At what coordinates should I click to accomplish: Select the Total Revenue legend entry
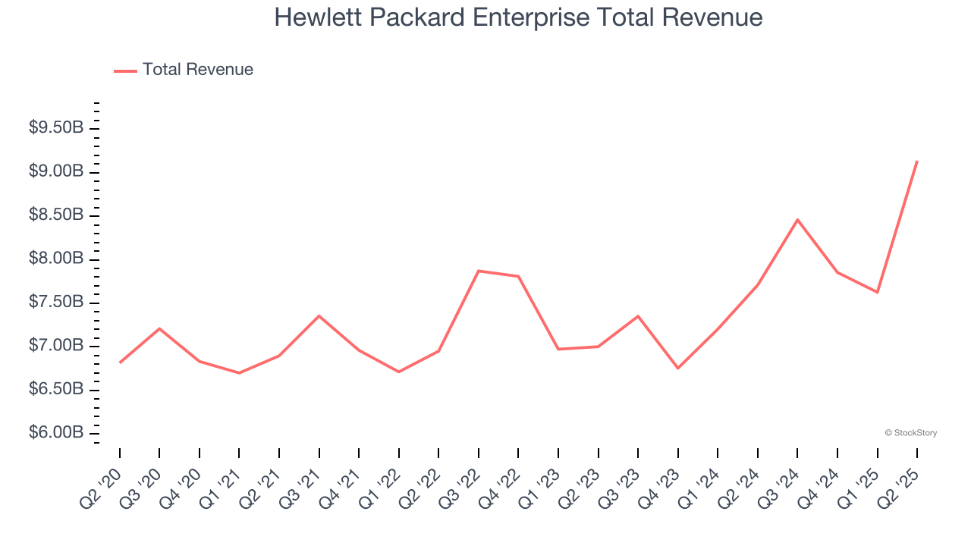pos(184,70)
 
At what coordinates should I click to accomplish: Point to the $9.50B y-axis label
pos(56,127)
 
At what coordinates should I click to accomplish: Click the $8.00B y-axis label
pos(56,259)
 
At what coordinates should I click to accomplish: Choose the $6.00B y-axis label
pos(56,433)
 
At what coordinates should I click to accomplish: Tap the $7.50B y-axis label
pos(56,303)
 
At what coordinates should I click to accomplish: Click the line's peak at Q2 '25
pos(917,162)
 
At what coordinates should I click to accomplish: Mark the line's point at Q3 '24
pos(797,220)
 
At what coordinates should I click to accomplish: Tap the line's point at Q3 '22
pos(479,271)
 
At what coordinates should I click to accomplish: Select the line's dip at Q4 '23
pos(678,368)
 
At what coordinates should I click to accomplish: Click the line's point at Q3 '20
pos(159,328)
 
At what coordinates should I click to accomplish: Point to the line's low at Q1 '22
pos(399,372)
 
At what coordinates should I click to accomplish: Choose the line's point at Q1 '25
pos(878,292)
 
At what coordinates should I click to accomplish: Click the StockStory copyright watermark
pos(911,433)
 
